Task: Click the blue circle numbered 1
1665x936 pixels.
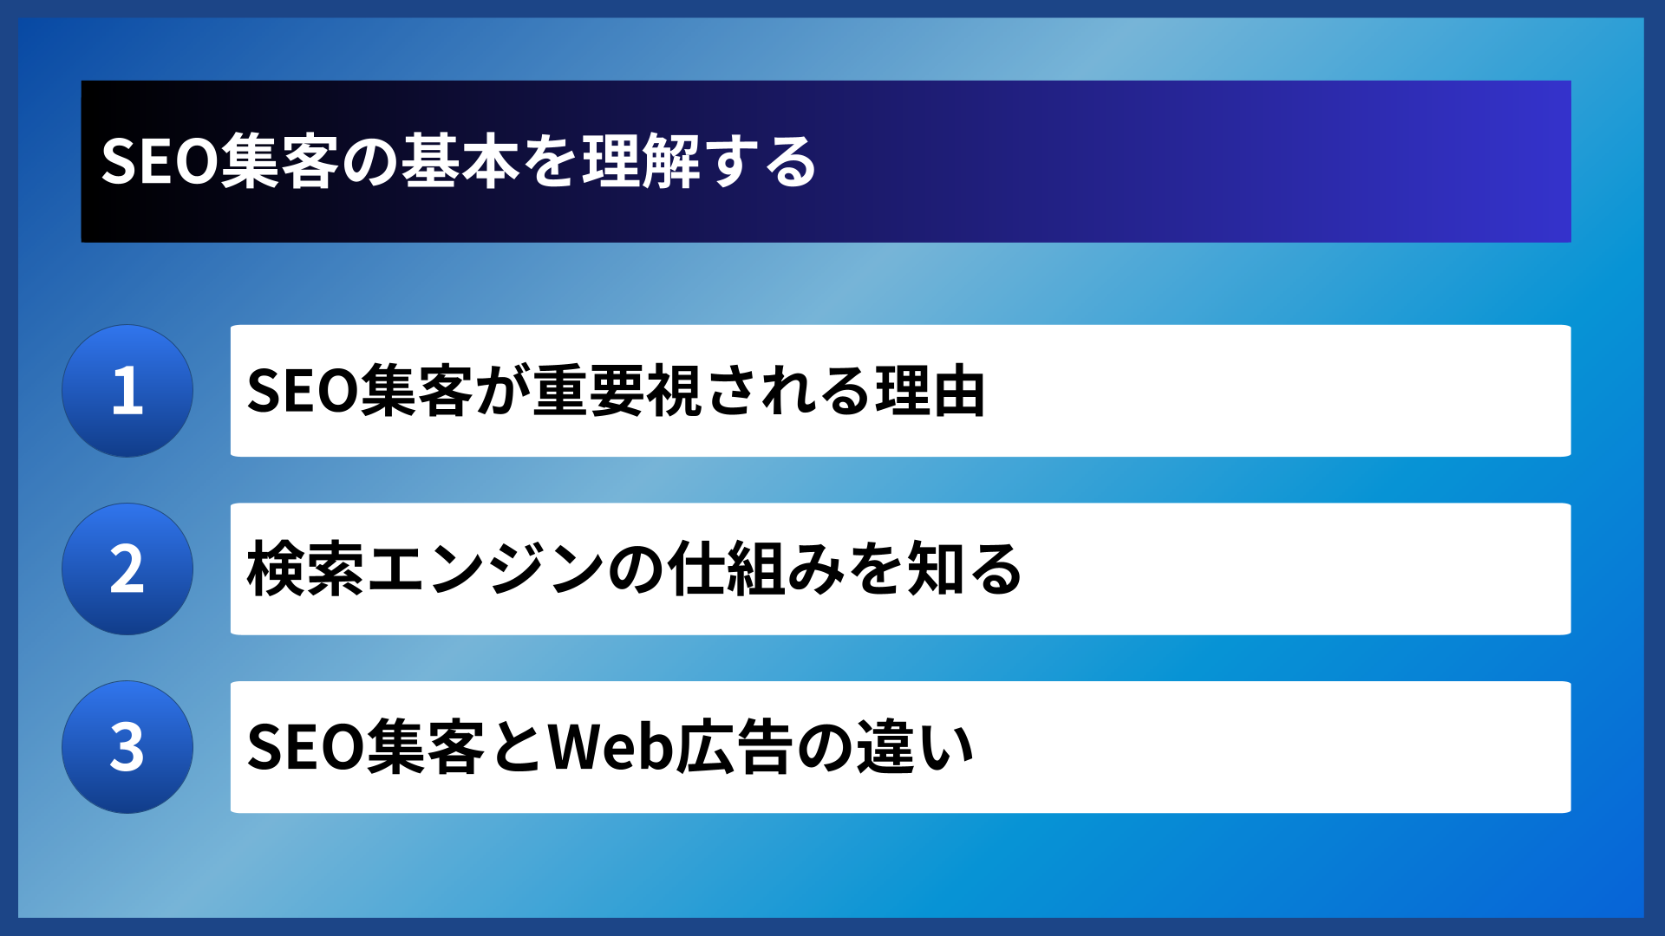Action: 127,391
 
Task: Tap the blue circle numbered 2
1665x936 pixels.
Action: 127,569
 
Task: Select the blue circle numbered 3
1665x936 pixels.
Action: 127,747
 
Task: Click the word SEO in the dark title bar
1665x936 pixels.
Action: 160,162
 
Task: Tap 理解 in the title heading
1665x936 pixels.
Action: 641,162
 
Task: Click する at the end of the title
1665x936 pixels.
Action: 761,162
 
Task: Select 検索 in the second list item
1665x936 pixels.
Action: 305,569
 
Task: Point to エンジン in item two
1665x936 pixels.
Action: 486,569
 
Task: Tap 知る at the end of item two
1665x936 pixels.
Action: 964,569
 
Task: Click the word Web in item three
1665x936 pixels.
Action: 610,747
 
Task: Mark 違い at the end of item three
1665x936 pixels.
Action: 916,747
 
